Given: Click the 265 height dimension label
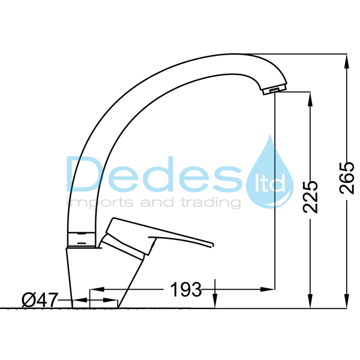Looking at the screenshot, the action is click(347, 178).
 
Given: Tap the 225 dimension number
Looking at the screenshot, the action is click(310, 197).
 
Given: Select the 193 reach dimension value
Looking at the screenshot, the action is click(186, 289).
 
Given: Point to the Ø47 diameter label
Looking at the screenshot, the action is click(39, 300).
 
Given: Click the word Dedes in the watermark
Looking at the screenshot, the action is click(154, 174).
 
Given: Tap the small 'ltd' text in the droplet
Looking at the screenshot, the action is click(270, 182).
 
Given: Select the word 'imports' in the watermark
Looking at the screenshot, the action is click(100, 203).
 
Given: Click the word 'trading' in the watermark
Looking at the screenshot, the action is click(211, 203).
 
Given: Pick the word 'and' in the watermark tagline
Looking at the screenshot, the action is click(157, 202).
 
